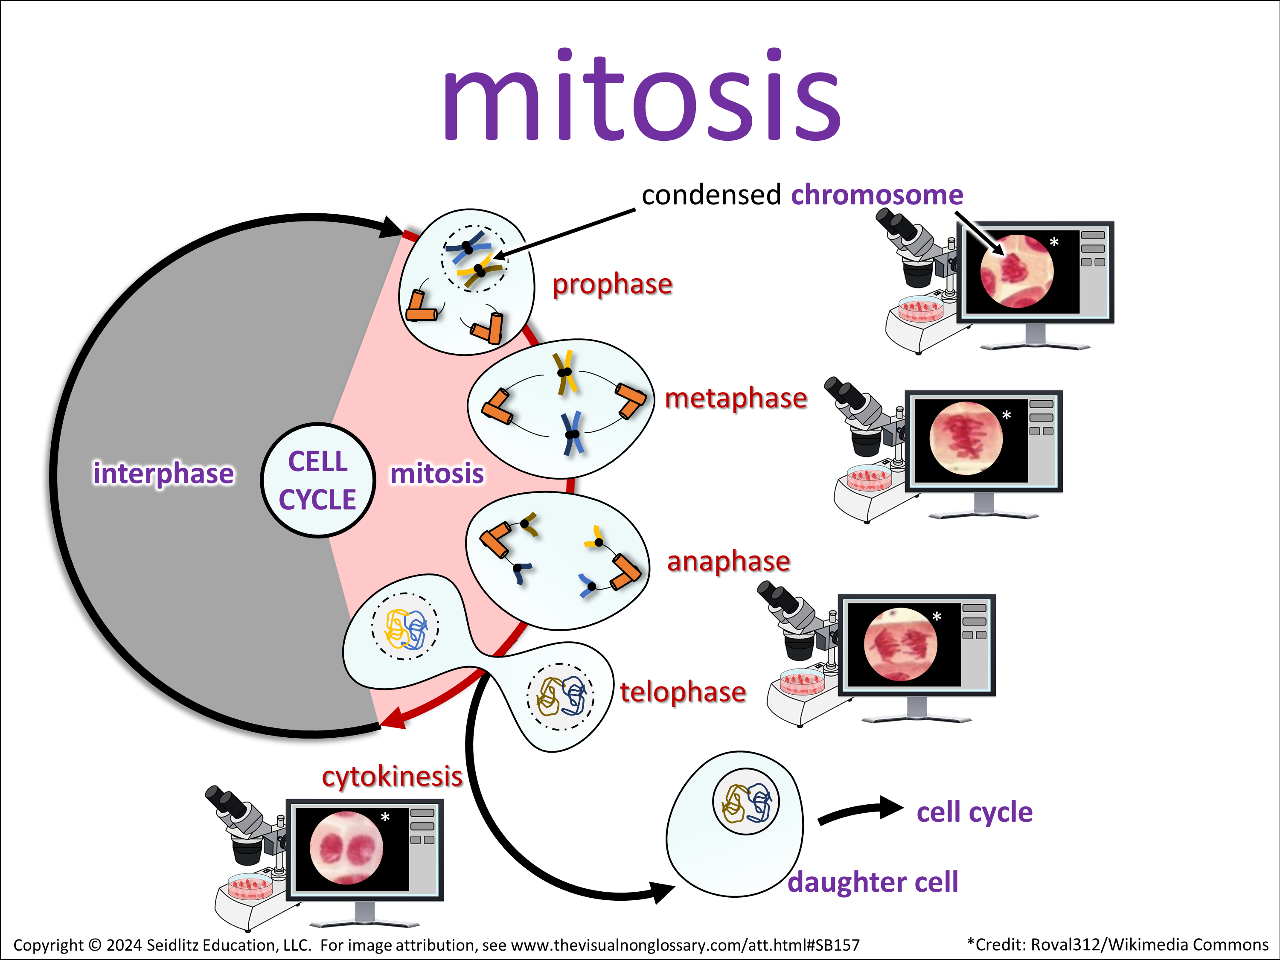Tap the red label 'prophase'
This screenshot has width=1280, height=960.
[x=612, y=284]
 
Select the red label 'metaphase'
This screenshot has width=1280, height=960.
[x=736, y=398]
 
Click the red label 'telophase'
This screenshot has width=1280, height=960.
[x=683, y=692]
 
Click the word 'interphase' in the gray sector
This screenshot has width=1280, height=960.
[x=164, y=473]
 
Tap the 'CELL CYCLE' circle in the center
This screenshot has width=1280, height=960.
[x=318, y=480]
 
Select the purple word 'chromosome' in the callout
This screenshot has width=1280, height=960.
[x=877, y=195]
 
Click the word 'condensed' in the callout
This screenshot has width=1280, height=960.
[x=711, y=195]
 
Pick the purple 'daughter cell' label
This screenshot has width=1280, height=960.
[x=873, y=882]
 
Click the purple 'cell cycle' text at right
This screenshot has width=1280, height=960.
[x=975, y=812]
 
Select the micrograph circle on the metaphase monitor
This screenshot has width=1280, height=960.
[x=966, y=438]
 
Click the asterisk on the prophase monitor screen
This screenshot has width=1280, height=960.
[x=1054, y=242]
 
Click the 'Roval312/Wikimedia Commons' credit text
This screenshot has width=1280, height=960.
[x=1149, y=945]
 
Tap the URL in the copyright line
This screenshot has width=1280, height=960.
[x=685, y=945]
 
